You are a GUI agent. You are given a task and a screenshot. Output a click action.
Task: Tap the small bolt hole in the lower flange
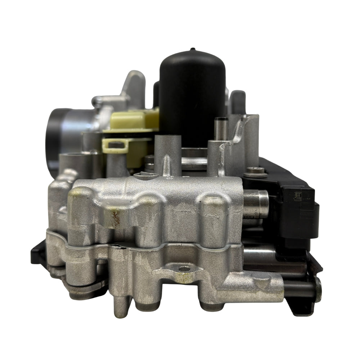pos(185,269)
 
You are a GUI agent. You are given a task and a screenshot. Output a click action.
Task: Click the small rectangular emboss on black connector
pos(298,197)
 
